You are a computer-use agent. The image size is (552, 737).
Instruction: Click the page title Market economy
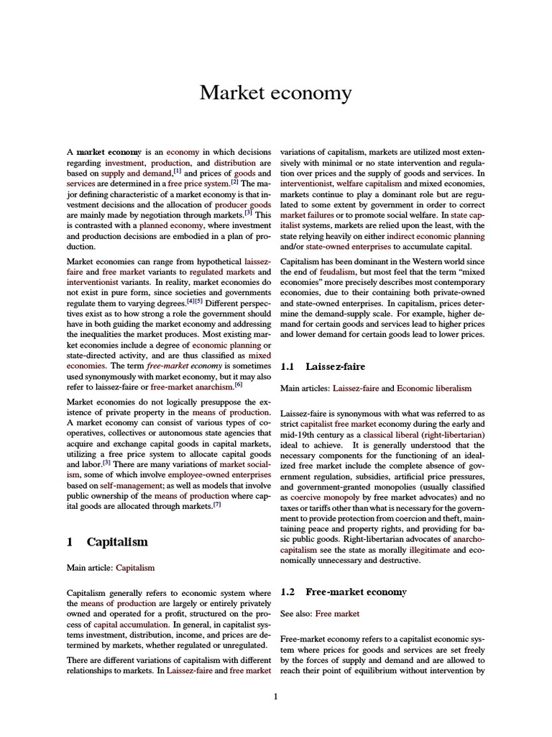point(275,93)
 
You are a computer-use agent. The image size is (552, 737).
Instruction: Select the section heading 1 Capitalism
point(107,542)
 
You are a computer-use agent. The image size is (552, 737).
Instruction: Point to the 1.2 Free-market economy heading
point(343,592)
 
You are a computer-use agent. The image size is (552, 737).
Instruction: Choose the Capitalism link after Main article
point(135,567)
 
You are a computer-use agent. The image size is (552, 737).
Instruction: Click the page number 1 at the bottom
point(276,696)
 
